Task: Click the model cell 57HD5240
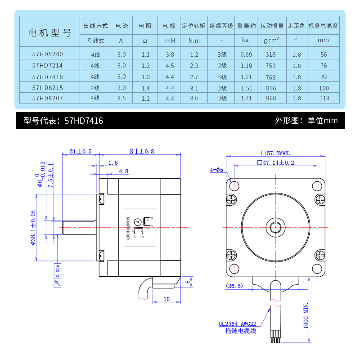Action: (48, 54)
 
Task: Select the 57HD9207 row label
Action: (48, 98)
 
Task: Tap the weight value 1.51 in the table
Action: (246, 87)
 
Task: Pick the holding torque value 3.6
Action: (194, 98)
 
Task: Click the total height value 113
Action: (324, 98)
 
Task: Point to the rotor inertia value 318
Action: (270, 54)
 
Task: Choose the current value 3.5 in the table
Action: (121, 98)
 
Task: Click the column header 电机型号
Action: (49, 33)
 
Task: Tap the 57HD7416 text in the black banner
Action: (84, 121)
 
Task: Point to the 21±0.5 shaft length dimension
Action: (81, 152)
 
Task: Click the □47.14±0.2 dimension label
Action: (275, 162)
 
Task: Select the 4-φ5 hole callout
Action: (216, 170)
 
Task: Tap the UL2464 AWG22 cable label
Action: (238, 323)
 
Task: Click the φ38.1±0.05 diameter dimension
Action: (32, 227)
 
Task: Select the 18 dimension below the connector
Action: (166, 299)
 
